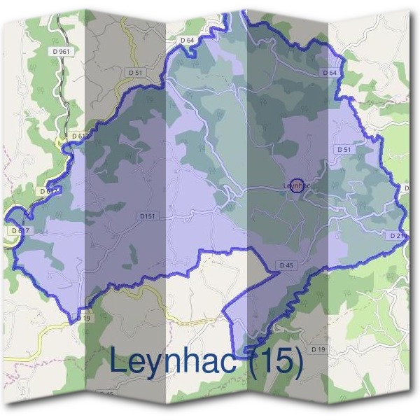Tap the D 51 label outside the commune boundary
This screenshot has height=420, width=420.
[x=135, y=73]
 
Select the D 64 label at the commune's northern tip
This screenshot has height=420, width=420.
[x=187, y=41]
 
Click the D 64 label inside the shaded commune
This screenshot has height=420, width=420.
[x=330, y=73]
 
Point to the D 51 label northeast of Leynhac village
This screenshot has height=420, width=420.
[x=344, y=149]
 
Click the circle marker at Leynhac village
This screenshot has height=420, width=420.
[x=297, y=185]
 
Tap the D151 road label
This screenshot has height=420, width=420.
[x=146, y=217]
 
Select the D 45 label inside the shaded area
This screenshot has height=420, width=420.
[x=286, y=265]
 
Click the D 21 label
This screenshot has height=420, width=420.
[x=396, y=236]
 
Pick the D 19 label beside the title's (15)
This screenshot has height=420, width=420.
[x=318, y=349]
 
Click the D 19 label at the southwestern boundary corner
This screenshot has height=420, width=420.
[x=84, y=318]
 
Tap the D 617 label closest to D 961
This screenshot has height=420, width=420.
[x=80, y=136]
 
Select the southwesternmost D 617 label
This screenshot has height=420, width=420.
[x=20, y=230]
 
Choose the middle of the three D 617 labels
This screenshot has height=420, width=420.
[x=49, y=190]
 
